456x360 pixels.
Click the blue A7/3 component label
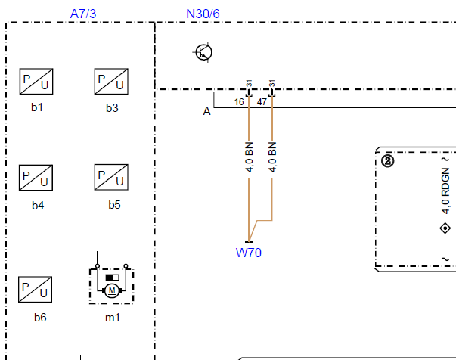point(83,14)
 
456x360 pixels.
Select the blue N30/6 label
point(203,14)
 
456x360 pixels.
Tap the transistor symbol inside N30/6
point(203,52)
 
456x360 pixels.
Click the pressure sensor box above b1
point(36,82)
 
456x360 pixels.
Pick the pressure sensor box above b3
point(111,82)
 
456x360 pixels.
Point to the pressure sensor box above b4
point(36,178)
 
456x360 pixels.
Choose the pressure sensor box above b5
point(111,177)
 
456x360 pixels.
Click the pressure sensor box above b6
point(36,290)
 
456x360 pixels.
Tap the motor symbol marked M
point(112,290)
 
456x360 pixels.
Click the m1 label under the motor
point(113,318)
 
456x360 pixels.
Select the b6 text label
point(40,317)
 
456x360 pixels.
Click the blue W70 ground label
point(249,253)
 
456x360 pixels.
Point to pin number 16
point(239,102)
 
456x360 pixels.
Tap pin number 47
point(262,102)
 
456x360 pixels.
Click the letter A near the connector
point(206,111)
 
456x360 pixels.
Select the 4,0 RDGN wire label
point(445,191)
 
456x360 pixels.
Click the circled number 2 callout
point(388,161)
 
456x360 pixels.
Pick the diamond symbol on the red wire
point(445,228)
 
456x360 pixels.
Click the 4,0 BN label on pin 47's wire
point(272,157)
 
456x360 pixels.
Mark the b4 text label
point(38,206)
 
